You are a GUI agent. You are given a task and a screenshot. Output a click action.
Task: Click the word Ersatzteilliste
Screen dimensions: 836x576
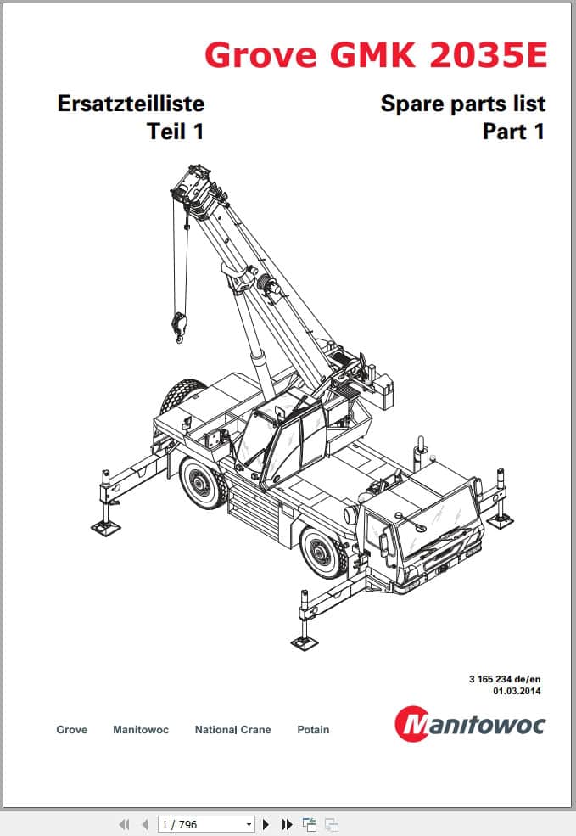pos(131,104)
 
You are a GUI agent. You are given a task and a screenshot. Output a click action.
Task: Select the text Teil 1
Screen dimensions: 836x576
pos(175,132)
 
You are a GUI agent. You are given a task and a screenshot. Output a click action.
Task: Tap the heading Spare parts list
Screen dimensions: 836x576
pos(462,104)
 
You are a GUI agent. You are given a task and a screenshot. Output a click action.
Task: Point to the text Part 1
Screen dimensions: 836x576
pos(513,132)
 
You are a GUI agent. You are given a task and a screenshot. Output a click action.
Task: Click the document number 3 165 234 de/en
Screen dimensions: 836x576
pos(505,678)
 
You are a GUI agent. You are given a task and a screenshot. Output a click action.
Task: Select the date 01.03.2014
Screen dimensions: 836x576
pos(517,691)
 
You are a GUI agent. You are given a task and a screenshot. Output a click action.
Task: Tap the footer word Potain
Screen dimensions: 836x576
pos(313,730)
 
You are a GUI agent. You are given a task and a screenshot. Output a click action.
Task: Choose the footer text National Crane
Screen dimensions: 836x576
pos(232,730)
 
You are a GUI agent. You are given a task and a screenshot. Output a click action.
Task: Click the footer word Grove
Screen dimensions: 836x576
pos(71,730)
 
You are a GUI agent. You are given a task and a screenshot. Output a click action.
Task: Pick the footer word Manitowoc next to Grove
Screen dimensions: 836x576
pos(141,730)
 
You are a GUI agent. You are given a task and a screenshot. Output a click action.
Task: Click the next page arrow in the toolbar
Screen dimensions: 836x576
pos(266,823)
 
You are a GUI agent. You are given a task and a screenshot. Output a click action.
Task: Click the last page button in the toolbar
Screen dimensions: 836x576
pos(287,823)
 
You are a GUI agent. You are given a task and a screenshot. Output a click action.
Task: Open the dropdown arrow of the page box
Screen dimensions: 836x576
pos(249,823)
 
